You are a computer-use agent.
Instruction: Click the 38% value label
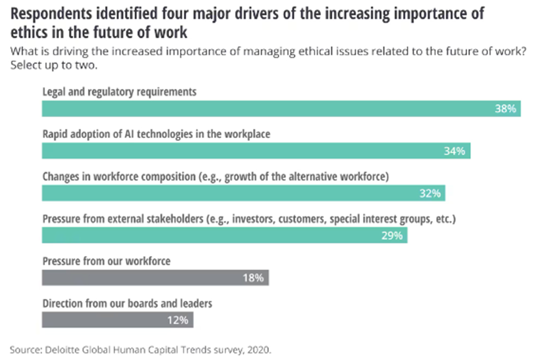(505, 109)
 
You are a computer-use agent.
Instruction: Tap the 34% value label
(455, 151)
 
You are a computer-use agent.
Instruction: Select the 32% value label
(430, 194)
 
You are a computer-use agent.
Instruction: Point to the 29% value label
(392, 236)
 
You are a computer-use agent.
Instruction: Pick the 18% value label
(253, 278)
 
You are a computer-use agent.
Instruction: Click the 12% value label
(178, 320)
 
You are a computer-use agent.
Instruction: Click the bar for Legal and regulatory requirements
(255, 109)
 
